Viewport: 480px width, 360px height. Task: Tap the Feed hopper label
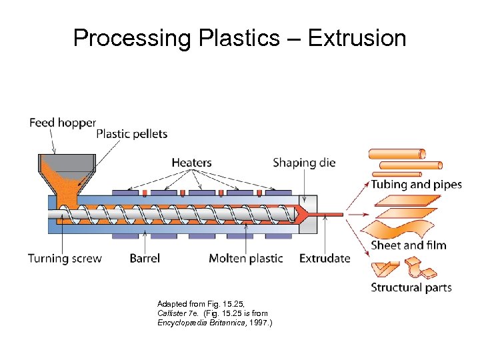(63, 123)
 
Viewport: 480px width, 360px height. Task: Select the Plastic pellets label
(132, 134)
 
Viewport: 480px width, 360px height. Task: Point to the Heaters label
(191, 162)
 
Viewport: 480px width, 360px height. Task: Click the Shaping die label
(304, 162)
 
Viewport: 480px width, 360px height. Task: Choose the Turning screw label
(65, 258)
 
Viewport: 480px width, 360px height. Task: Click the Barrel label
(145, 258)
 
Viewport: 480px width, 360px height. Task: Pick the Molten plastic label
(246, 258)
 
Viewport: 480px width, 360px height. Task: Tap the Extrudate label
(325, 258)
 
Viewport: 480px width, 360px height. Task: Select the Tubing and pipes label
(416, 185)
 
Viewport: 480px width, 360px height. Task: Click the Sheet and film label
(409, 245)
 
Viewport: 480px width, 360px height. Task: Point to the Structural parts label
(411, 288)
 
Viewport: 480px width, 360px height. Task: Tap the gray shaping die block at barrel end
(308, 215)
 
